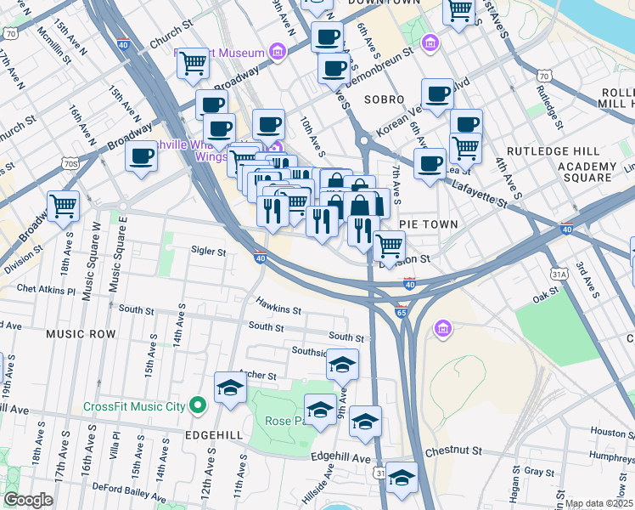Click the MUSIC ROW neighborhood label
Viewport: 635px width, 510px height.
pyautogui.click(x=81, y=334)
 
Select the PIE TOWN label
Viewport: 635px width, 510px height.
pyautogui.click(x=430, y=224)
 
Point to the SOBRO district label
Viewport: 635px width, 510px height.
pyautogui.click(x=384, y=99)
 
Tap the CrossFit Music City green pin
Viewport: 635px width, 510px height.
pyautogui.click(x=199, y=405)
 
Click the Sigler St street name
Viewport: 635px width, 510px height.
pyautogui.click(x=208, y=252)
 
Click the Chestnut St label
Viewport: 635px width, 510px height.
pyautogui.click(x=454, y=450)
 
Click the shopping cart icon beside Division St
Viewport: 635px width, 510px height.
pyautogui.click(x=389, y=246)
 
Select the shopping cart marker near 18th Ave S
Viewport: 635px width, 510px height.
pyautogui.click(x=64, y=205)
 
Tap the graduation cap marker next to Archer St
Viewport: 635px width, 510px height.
pyautogui.click(x=230, y=388)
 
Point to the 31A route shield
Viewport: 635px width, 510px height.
pyautogui.click(x=559, y=274)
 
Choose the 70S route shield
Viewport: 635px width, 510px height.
pyautogui.click(x=70, y=162)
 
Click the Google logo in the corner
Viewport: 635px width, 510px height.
pyautogui.click(x=28, y=500)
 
